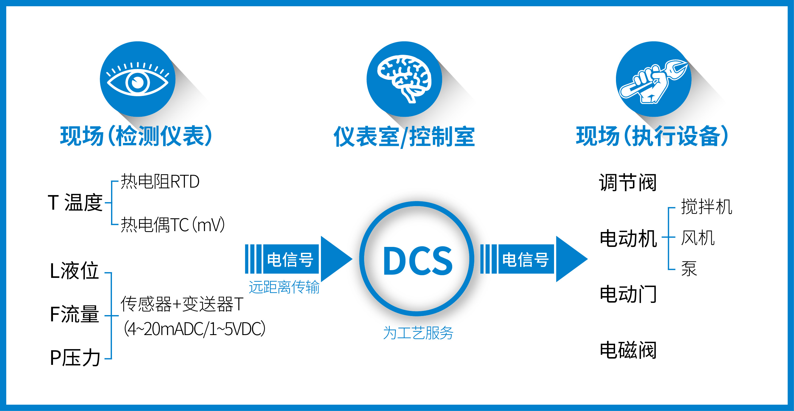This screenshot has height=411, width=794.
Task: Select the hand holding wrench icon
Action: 653,82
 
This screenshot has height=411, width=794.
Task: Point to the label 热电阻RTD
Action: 160,182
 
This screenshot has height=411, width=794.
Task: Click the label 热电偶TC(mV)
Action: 173,225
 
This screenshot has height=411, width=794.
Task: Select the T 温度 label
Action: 75,203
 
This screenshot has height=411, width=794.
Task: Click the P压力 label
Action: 75,358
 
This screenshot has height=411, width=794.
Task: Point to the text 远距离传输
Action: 284,287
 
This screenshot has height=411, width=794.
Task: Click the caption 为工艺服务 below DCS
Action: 418,333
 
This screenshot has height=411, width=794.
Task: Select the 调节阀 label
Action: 628,183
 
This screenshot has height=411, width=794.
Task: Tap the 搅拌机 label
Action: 706,207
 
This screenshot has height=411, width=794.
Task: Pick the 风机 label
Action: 698,238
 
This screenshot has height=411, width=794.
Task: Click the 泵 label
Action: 689,269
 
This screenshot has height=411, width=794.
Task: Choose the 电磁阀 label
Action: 628,350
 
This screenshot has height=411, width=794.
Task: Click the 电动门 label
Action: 628,294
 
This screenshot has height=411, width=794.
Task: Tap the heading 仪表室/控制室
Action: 404,137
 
